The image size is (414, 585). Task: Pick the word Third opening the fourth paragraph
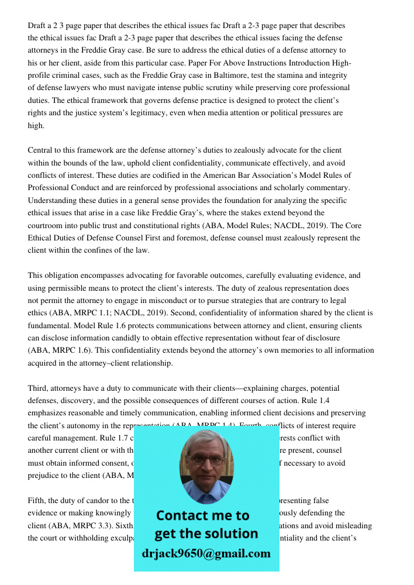click(39, 388)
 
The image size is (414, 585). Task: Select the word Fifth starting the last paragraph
click(38, 500)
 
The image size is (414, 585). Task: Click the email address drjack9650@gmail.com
click(206, 553)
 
